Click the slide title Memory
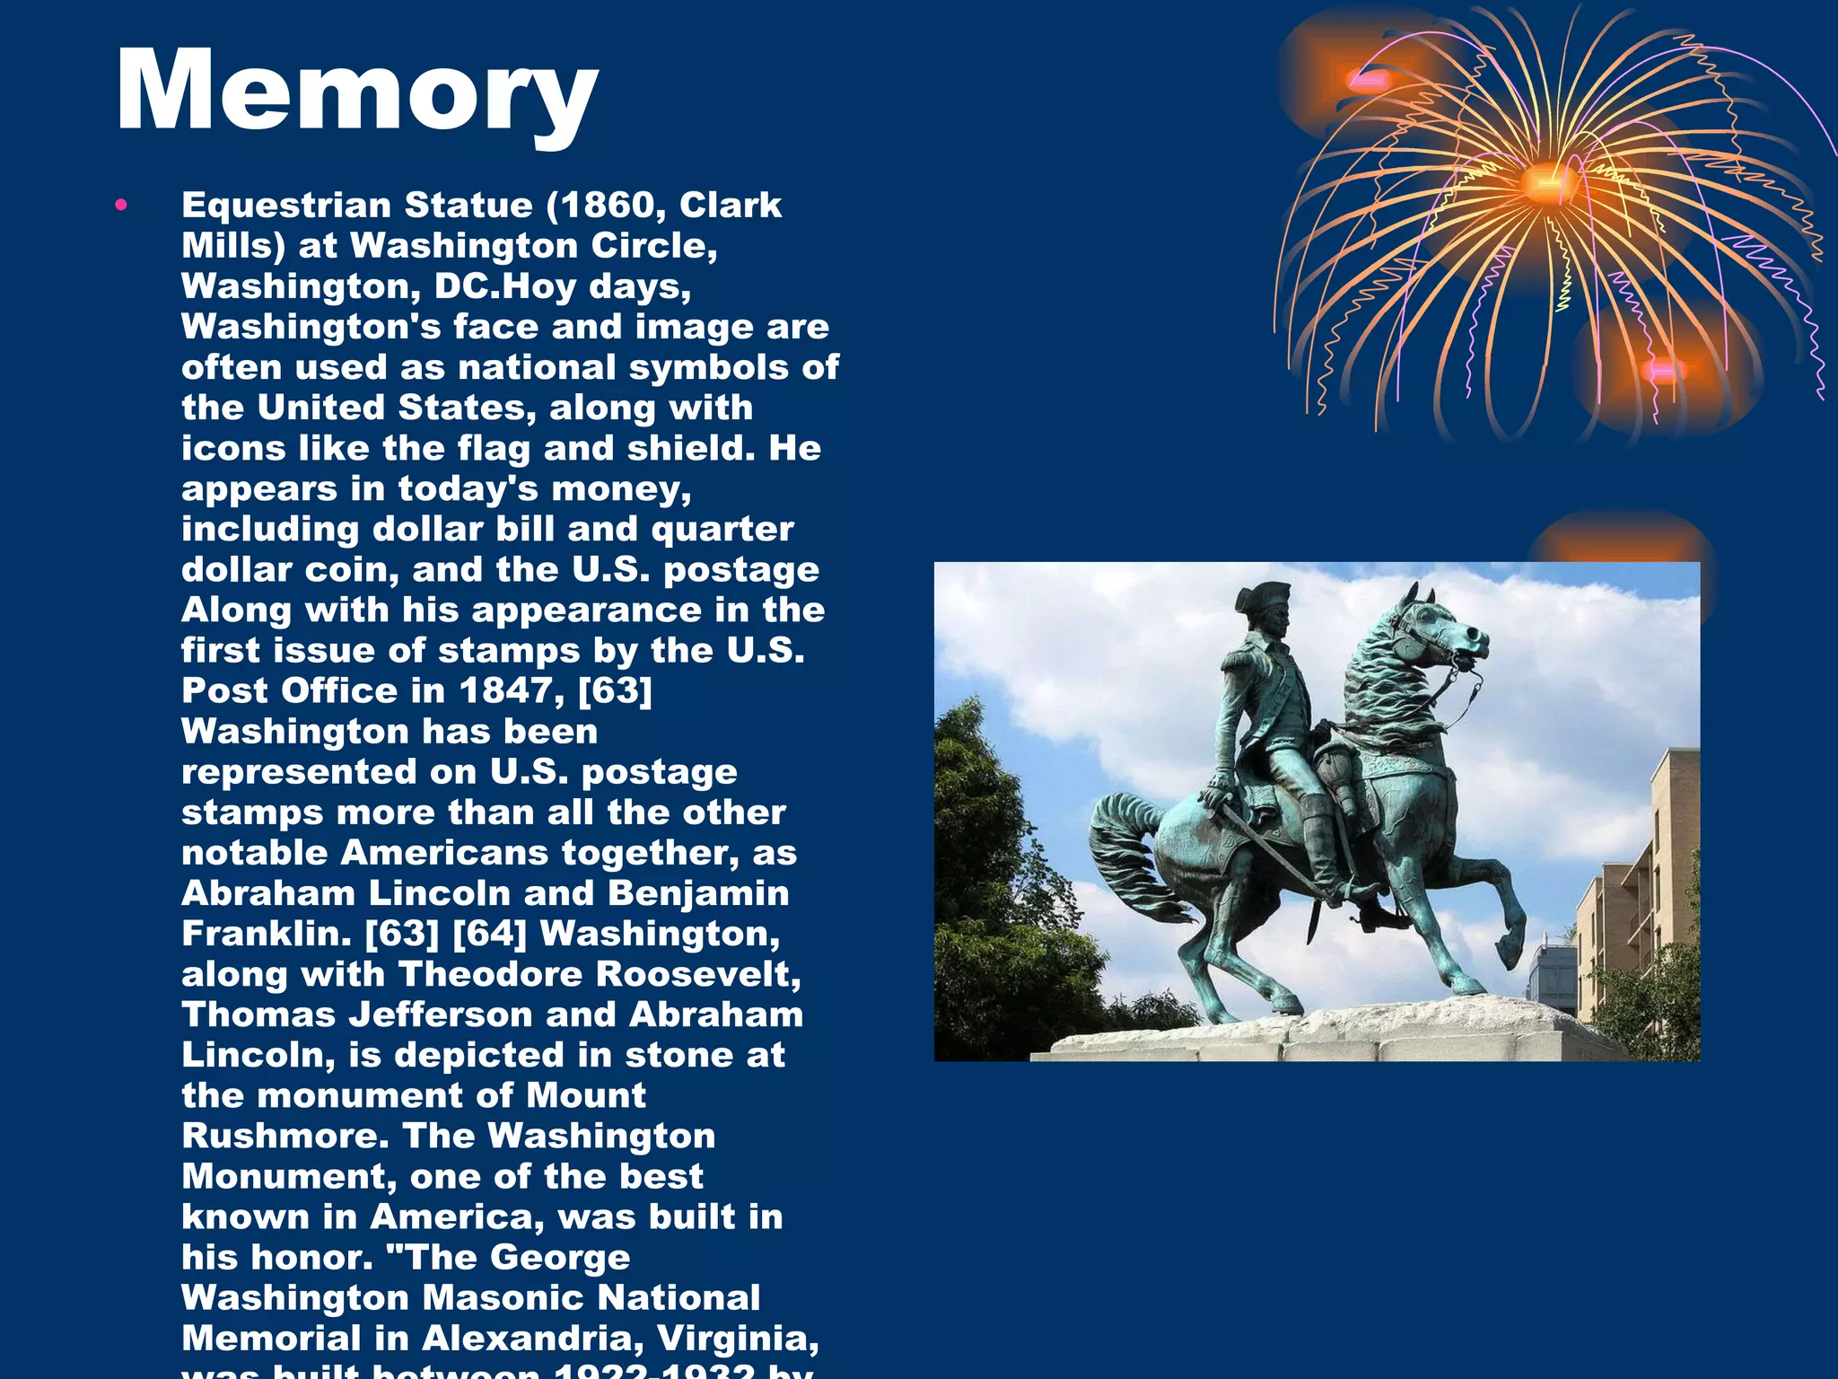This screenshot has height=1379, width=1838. pyautogui.click(x=356, y=92)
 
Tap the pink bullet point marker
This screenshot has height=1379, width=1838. pyautogui.click(x=122, y=206)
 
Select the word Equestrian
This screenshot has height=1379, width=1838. pyautogui.click(x=286, y=206)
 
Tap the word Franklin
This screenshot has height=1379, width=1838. pyautogui.click(x=266, y=935)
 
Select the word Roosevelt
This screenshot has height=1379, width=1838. pyautogui.click(x=699, y=975)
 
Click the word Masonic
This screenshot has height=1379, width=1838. pyautogui.click(x=503, y=1298)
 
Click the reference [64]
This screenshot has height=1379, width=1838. pyautogui.click(x=489, y=935)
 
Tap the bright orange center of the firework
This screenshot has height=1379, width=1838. pyautogui.click(x=1545, y=184)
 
